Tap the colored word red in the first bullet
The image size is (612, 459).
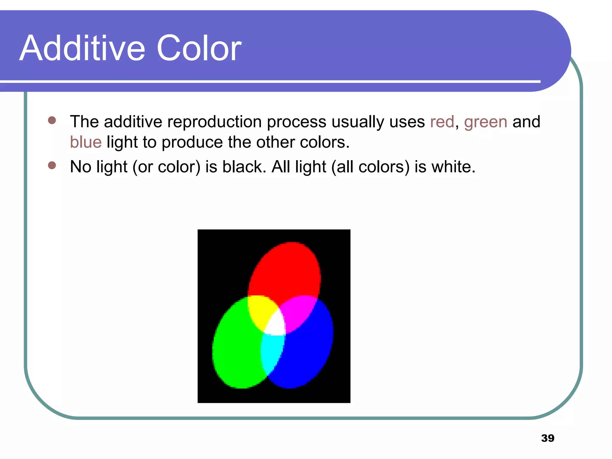(442, 122)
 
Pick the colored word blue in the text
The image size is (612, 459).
(86, 142)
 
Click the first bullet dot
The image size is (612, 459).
(52, 120)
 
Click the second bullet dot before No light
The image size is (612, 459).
(52, 165)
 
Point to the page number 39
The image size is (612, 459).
(547, 438)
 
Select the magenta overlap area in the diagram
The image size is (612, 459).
(297, 311)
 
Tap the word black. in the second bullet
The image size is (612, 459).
(244, 167)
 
